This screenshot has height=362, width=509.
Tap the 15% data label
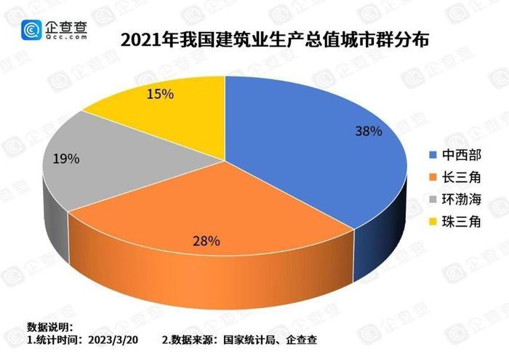[161, 94]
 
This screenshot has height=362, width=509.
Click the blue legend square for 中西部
[434, 155]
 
